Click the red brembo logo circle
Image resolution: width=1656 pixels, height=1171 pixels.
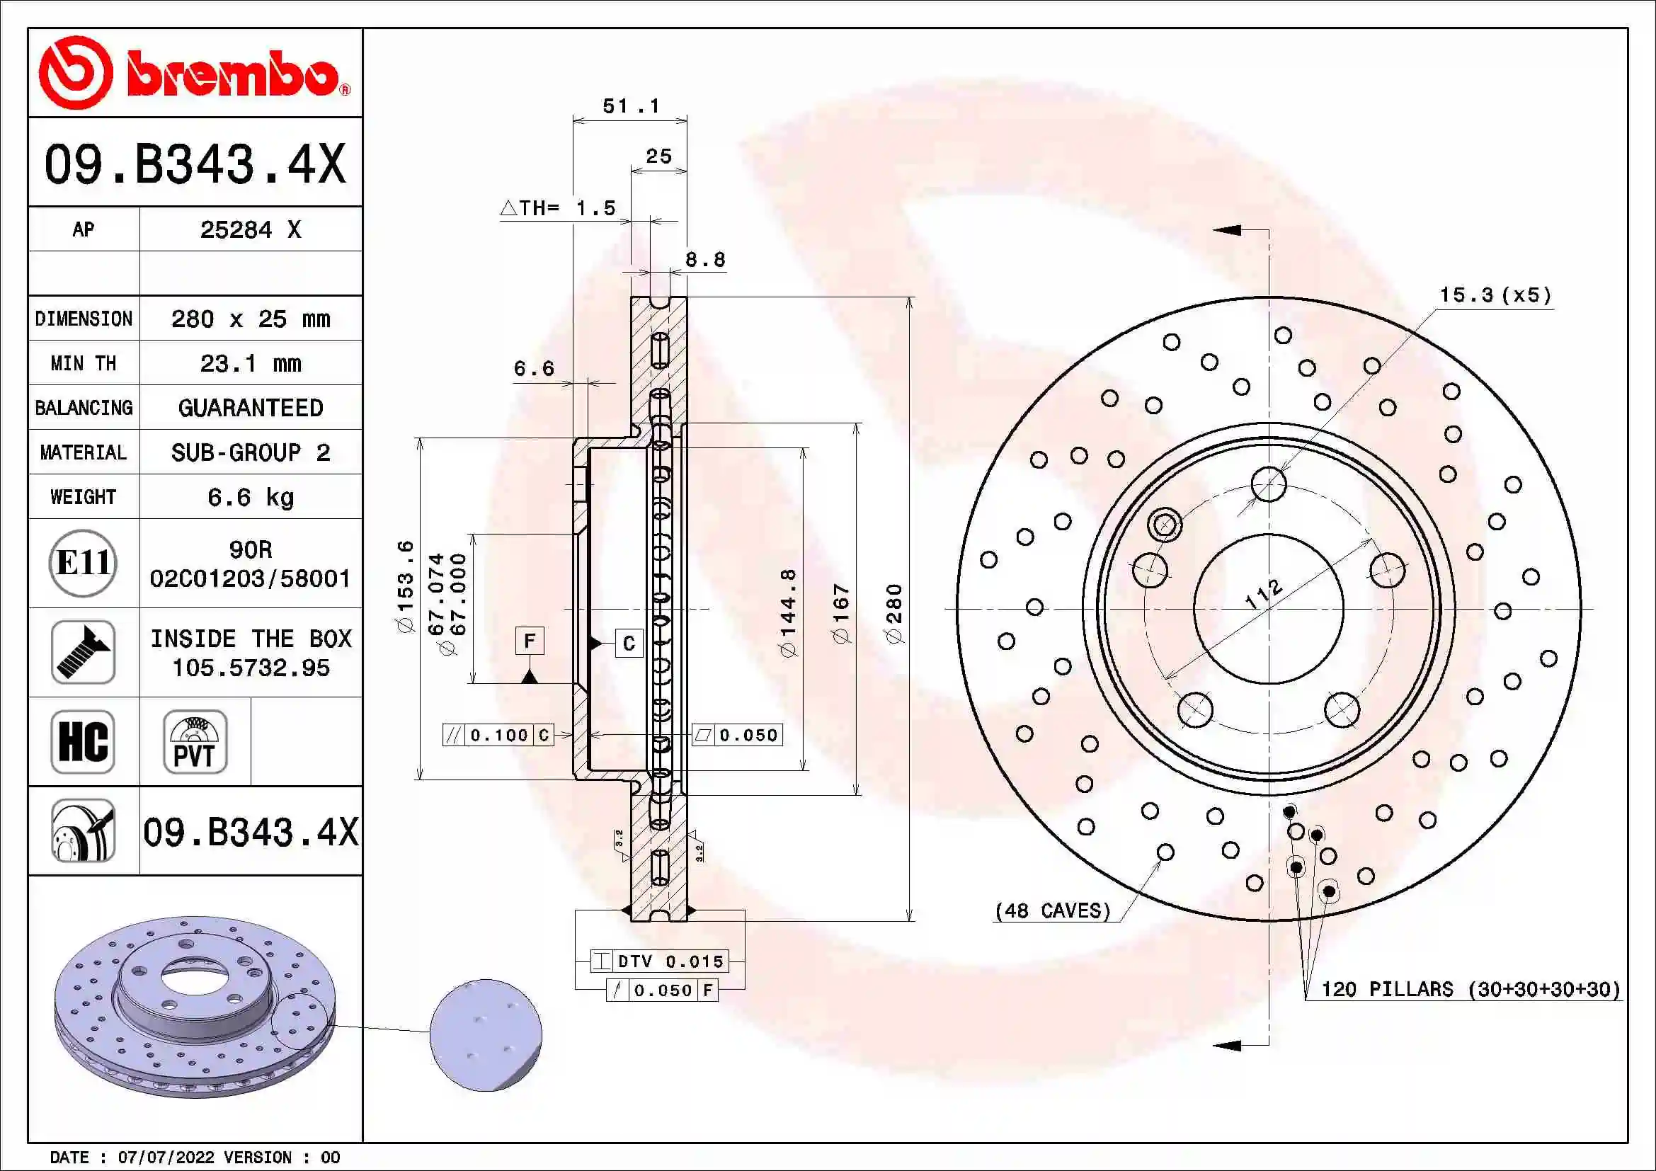coord(75,73)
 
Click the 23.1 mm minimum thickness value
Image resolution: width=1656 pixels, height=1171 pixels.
coord(250,363)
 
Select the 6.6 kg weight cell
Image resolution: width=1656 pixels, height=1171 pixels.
coord(250,498)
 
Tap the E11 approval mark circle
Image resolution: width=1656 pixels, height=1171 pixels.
coord(83,563)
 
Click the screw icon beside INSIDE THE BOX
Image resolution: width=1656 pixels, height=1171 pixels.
coord(83,652)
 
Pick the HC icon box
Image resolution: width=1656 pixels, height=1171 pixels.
coord(83,741)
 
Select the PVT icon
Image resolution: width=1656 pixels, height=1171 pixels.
coord(195,741)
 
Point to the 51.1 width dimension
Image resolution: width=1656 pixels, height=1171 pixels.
coord(631,107)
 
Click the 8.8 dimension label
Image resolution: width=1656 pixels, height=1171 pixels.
coord(704,260)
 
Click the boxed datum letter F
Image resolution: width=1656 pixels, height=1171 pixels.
coord(530,640)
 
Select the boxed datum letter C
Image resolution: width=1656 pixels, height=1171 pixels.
coord(628,642)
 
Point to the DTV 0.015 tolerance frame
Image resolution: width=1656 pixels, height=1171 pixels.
coord(659,961)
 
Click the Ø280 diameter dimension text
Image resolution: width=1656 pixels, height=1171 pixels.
coord(893,613)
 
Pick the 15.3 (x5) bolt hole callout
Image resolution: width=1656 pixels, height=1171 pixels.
coord(1495,295)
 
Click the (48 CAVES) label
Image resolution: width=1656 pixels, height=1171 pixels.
coord(1052,910)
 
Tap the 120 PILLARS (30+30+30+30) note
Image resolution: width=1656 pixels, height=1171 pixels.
coord(1470,988)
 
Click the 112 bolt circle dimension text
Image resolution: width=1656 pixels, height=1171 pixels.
coord(1264,593)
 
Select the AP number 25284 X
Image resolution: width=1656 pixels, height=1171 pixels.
coord(250,230)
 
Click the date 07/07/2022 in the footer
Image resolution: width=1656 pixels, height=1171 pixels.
coord(166,1158)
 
